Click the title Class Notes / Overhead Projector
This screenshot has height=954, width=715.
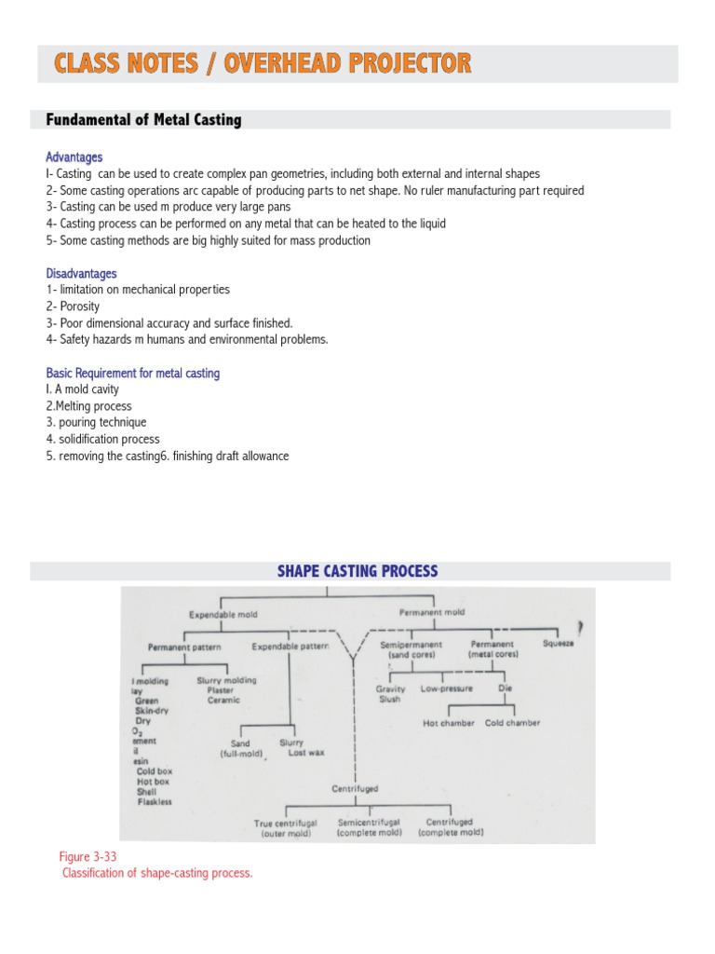263,63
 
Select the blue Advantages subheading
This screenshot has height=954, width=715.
74,157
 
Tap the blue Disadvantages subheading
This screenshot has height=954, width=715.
82,274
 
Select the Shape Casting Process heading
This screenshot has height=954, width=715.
357,571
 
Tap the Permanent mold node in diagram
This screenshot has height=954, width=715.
431,612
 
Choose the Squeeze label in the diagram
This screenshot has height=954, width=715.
559,643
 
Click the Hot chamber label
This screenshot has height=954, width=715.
449,722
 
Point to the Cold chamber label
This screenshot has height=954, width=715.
512,722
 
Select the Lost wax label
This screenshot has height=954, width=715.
306,752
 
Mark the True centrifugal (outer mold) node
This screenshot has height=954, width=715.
286,827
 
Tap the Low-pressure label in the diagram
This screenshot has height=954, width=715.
447,688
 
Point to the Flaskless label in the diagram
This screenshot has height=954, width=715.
155,801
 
